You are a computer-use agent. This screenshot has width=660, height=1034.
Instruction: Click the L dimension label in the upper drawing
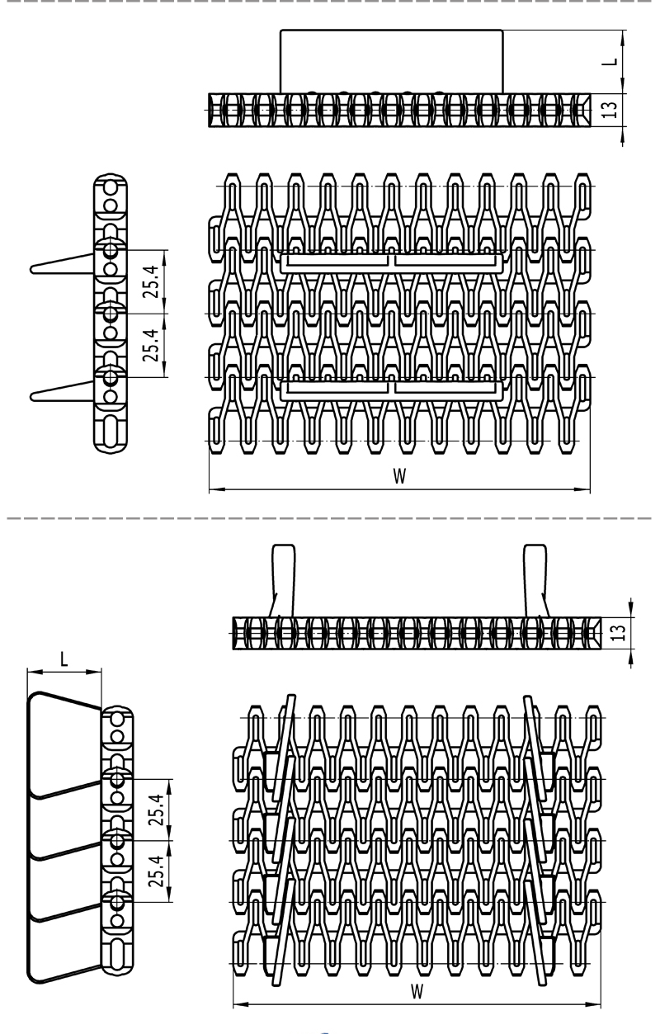[610, 62]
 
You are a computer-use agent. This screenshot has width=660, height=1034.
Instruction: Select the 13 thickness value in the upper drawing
[610, 109]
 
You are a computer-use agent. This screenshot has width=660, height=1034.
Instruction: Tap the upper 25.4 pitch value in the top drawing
[152, 281]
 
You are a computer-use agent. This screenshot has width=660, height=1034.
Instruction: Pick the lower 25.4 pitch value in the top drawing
[152, 345]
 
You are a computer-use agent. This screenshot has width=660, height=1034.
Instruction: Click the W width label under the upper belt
[399, 475]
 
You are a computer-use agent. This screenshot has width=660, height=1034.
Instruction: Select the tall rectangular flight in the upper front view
[391, 62]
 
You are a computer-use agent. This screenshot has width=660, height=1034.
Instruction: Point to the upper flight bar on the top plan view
[391, 262]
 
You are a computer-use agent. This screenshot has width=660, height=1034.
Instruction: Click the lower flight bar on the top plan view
[391, 390]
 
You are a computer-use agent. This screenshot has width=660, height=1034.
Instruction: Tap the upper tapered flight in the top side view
[64, 263]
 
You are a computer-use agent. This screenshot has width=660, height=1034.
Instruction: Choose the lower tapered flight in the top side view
[64, 391]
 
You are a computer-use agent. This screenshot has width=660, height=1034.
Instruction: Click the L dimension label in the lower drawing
[64, 659]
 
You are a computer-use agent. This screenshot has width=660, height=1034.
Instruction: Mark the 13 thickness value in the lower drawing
[620, 632]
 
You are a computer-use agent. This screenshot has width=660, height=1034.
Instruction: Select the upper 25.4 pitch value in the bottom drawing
[157, 810]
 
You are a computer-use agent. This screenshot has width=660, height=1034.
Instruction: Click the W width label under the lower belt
[417, 990]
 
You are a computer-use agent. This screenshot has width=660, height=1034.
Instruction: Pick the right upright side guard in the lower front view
[535, 581]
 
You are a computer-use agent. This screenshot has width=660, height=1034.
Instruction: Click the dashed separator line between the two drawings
[328, 518]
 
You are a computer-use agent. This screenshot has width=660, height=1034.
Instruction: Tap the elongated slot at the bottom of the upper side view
[111, 431]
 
